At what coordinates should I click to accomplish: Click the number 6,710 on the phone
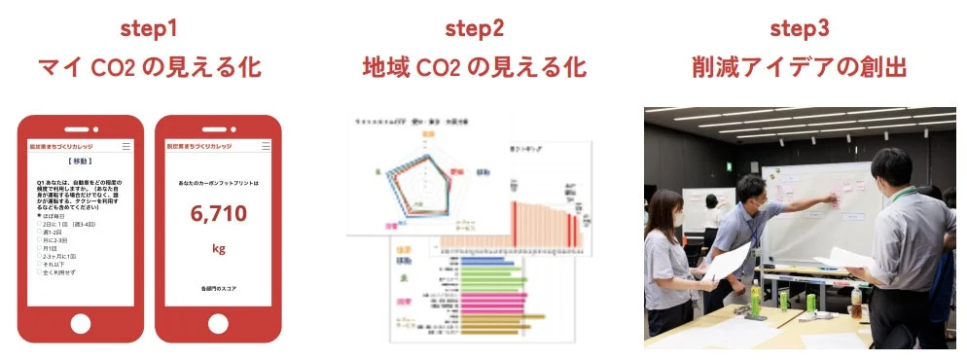coord(218,214)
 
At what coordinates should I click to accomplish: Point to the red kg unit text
coord(218,248)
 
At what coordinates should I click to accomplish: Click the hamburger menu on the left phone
coord(126,146)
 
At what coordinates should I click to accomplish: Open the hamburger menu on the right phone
coord(263,146)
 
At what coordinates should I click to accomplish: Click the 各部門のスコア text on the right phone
coord(218,289)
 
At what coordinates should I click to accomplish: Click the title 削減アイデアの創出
coord(799,68)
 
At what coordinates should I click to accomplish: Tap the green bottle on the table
coord(754,297)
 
